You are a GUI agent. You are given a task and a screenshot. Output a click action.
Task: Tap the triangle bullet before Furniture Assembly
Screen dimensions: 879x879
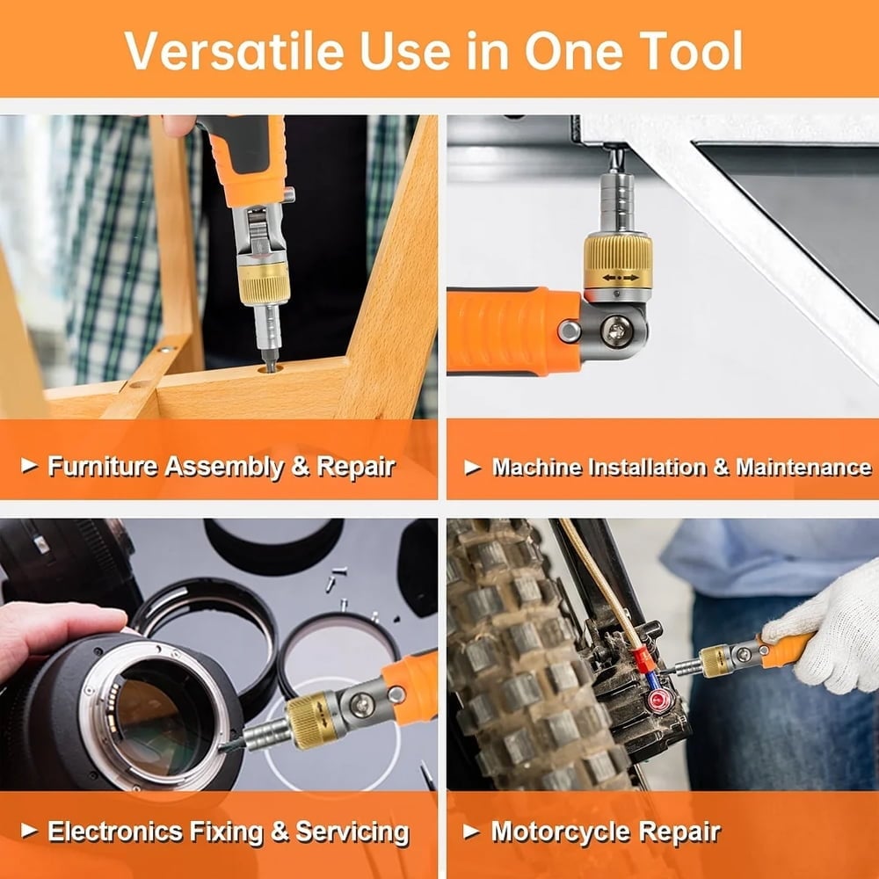(x=30, y=466)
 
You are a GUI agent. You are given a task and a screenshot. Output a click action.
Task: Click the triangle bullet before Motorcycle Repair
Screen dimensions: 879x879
(x=472, y=831)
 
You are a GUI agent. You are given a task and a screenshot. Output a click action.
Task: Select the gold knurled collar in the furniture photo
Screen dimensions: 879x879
(x=264, y=282)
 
